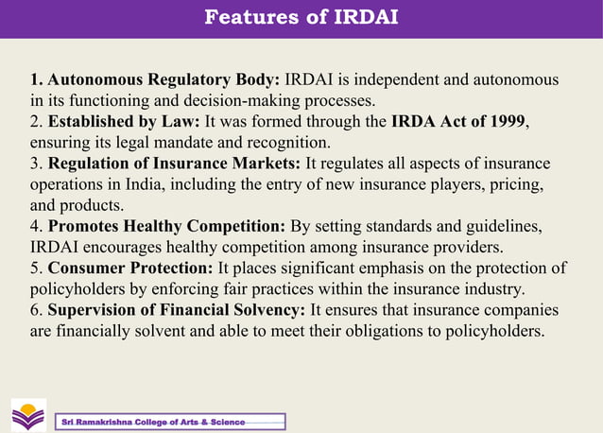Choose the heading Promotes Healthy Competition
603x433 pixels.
coord(166,227)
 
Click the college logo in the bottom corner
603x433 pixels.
coord(27,414)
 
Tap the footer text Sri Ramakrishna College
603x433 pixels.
coord(151,422)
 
